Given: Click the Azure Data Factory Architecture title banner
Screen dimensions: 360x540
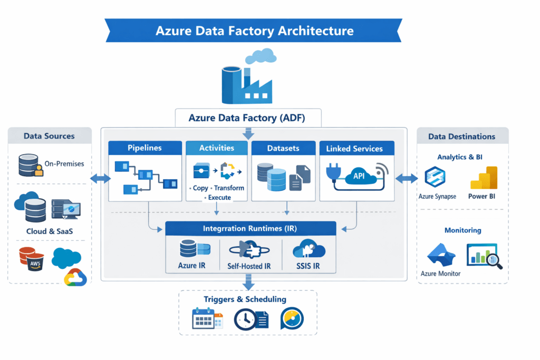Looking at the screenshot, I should pyautogui.click(x=254, y=30).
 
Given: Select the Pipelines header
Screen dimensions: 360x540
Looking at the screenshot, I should pyautogui.click(x=145, y=149).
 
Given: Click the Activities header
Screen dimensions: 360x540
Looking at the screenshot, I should pyautogui.click(x=216, y=148).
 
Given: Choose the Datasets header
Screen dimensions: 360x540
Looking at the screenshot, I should pyautogui.click(x=284, y=149).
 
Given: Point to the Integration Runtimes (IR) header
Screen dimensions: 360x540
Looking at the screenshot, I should pyautogui.click(x=250, y=229).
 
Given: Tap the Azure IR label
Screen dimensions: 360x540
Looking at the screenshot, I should pyautogui.click(x=191, y=266).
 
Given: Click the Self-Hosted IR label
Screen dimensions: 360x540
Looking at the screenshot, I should pyautogui.click(x=249, y=266).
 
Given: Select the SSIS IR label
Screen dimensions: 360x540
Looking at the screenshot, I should pyautogui.click(x=308, y=266).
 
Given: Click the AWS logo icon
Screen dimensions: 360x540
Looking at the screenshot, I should pyautogui.click(x=35, y=262).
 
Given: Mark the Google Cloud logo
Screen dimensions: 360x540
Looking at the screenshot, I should pyautogui.click(x=75, y=276).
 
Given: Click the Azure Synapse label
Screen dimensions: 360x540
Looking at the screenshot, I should pyautogui.click(x=437, y=197).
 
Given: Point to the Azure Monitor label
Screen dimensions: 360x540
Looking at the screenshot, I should pyautogui.click(x=440, y=274).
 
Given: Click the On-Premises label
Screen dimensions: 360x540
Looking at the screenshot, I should pyautogui.click(x=64, y=164).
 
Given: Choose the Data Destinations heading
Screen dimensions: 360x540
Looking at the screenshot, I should pyautogui.click(x=461, y=137).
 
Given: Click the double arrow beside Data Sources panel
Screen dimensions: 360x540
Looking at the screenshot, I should pyautogui.click(x=100, y=179).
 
